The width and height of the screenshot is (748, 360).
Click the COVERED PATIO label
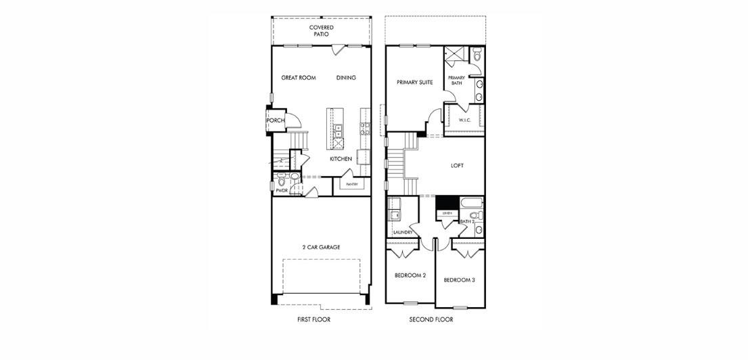coord(322,30)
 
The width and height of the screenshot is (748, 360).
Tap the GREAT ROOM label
coord(299,78)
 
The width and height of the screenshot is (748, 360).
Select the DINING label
coord(346,78)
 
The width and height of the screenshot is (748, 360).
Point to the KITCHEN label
coord(340,159)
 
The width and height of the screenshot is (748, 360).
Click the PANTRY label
coord(351,184)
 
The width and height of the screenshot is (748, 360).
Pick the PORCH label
coord(276,120)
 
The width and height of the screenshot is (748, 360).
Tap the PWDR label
coord(282,192)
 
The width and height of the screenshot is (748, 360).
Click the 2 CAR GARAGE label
coord(321,247)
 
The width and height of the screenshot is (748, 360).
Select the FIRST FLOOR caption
coord(314,319)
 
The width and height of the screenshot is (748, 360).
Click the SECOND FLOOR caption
coord(431,319)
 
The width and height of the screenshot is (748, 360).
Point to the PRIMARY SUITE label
coord(415,83)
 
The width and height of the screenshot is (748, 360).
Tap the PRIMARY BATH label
coord(456,81)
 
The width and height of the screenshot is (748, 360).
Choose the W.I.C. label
coord(464,120)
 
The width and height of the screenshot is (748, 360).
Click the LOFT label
coord(458,165)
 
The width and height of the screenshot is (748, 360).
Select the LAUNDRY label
coord(402,232)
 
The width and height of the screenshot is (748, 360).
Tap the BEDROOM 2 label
coord(410,275)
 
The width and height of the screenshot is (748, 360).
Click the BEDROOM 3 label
coord(459,279)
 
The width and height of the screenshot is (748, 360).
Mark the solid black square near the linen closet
coord(445,202)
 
